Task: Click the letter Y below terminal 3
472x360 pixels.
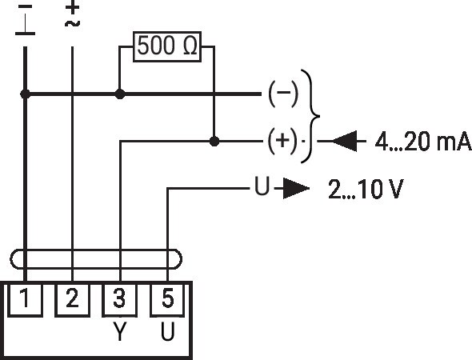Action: [120, 331]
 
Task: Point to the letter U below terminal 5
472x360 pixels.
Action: [167, 331]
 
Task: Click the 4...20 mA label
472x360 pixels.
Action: [423, 141]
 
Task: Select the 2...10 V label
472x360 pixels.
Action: [366, 189]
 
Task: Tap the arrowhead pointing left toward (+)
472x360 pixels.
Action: [344, 141]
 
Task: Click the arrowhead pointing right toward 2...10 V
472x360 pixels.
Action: [296, 189]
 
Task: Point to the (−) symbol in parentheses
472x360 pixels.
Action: [283, 93]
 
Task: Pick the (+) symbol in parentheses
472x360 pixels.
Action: [282, 141]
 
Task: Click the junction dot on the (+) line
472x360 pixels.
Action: [214, 141]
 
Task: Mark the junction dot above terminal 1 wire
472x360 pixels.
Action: [25, 94]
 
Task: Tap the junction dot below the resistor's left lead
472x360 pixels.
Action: [120, 94]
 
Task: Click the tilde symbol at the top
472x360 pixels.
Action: [72, 23]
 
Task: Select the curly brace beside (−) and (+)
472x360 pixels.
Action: [319, 116]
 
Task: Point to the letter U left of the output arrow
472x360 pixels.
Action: [262, 186]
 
